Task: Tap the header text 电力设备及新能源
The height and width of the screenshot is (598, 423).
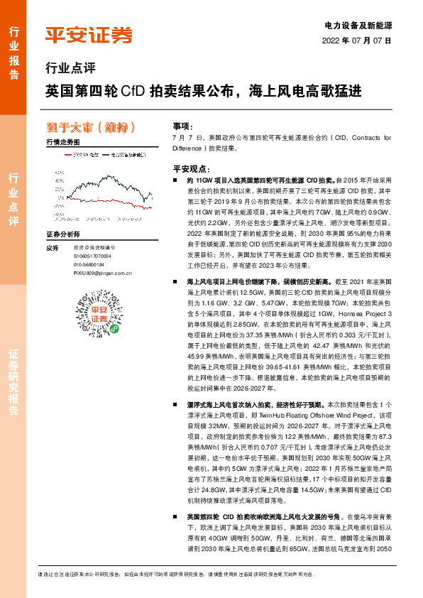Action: [x=362, y=26]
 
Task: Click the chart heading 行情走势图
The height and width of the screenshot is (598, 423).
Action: [x=62, y=142]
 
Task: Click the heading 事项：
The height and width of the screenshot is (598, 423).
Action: [x=182, y=125]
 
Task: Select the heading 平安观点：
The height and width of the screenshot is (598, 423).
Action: [x=189, y=170]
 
